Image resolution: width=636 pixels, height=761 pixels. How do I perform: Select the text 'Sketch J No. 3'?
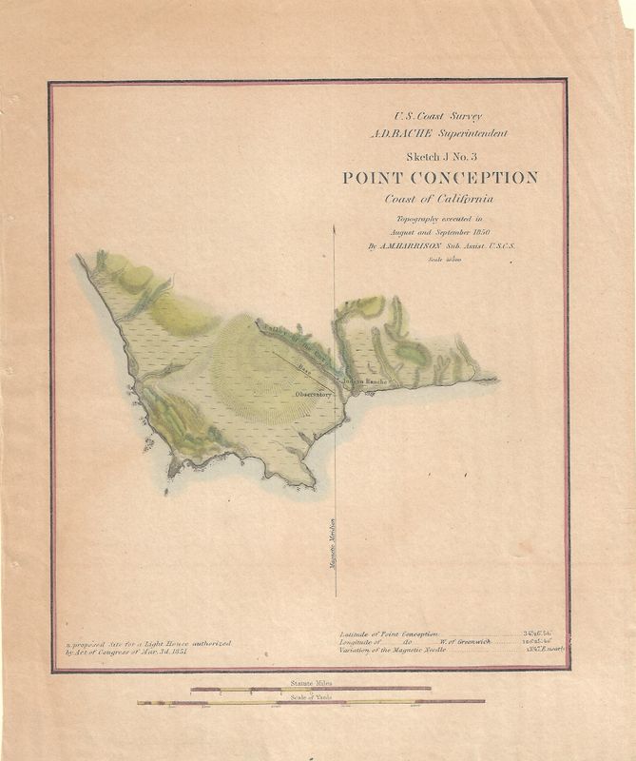click(439, 156)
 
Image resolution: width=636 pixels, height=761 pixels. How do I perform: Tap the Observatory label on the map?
click(314, 394)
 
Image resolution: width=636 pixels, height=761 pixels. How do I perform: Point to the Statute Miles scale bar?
click(311, 689)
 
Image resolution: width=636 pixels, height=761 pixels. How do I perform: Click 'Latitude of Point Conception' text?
click(390, 634)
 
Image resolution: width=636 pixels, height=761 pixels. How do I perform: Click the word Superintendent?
click(470, 133)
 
